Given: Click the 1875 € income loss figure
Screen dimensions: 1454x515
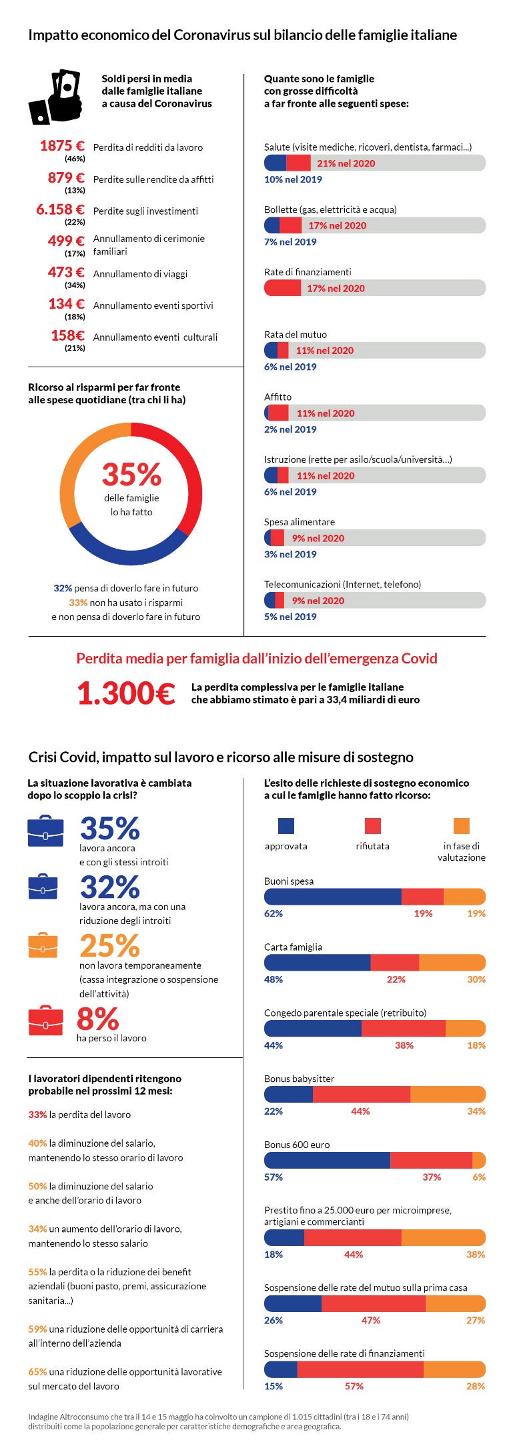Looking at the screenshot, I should (62, 146).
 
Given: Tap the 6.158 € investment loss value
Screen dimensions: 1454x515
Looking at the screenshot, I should (60, 209).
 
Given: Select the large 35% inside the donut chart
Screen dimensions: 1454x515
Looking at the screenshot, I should (131, 475).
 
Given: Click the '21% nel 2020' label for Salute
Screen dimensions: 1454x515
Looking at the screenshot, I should (346, 163).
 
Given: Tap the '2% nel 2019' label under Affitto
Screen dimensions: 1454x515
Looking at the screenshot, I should (290, 429).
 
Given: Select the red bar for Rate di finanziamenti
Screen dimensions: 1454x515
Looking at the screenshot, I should (283, 288).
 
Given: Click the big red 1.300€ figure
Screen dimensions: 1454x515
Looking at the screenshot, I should (126, 693).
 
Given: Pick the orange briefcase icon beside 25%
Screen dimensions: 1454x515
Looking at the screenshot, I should (43, 945).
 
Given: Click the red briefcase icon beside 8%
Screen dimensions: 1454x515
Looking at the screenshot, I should (45, 1021).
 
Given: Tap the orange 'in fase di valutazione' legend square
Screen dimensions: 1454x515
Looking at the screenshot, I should (462, 825).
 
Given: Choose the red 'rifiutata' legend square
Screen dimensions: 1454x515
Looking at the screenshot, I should (372, 825).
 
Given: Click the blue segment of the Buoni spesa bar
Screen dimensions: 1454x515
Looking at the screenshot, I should (332, 897).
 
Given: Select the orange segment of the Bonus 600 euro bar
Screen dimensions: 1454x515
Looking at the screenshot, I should (479, 1160).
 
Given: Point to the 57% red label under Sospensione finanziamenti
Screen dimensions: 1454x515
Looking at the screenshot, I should (354, 1386).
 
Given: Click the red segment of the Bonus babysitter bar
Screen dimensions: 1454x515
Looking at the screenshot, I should (361, 1094).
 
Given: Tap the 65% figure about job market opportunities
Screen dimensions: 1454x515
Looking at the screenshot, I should (37, 1371).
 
